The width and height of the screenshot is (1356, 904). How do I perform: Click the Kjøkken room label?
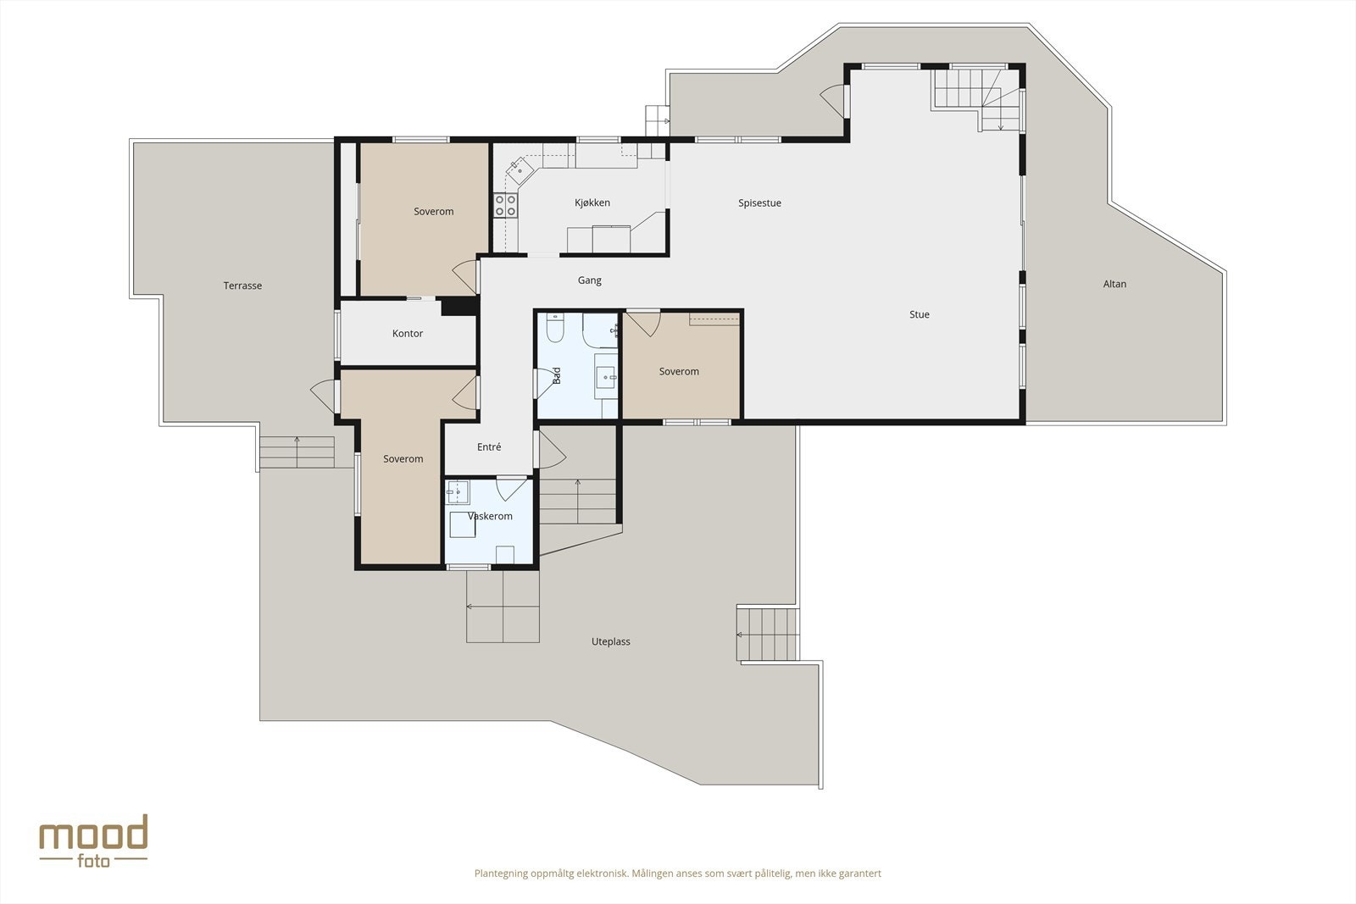(592, 202)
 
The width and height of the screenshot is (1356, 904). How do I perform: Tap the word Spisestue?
(759, 203)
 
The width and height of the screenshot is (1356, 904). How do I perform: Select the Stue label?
(919, 314)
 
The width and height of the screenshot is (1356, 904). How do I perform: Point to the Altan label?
(1114, 284)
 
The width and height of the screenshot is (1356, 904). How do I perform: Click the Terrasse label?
(242, 286)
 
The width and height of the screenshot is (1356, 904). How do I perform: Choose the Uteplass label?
(610, 641)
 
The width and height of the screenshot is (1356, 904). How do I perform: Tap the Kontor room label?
(408, 334)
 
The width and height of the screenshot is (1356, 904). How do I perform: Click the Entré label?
(488, 447)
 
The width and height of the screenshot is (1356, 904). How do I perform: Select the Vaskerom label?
(490, 516)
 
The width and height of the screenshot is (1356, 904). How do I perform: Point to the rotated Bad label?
(557, 376)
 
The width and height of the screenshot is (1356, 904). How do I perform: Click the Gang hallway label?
(589, 280)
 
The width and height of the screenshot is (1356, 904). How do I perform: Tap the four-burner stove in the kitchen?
(505, 205)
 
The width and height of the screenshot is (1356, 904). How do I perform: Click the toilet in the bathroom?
(554, 327)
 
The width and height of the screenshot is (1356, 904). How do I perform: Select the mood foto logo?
(93, 841)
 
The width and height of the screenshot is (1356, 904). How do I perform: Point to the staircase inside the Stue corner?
(977, 98)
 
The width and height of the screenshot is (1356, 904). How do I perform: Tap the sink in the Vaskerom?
(458, 492)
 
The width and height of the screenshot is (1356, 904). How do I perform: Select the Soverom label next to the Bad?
(679, 372)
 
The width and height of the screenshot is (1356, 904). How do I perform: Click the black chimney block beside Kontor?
(458, 306)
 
